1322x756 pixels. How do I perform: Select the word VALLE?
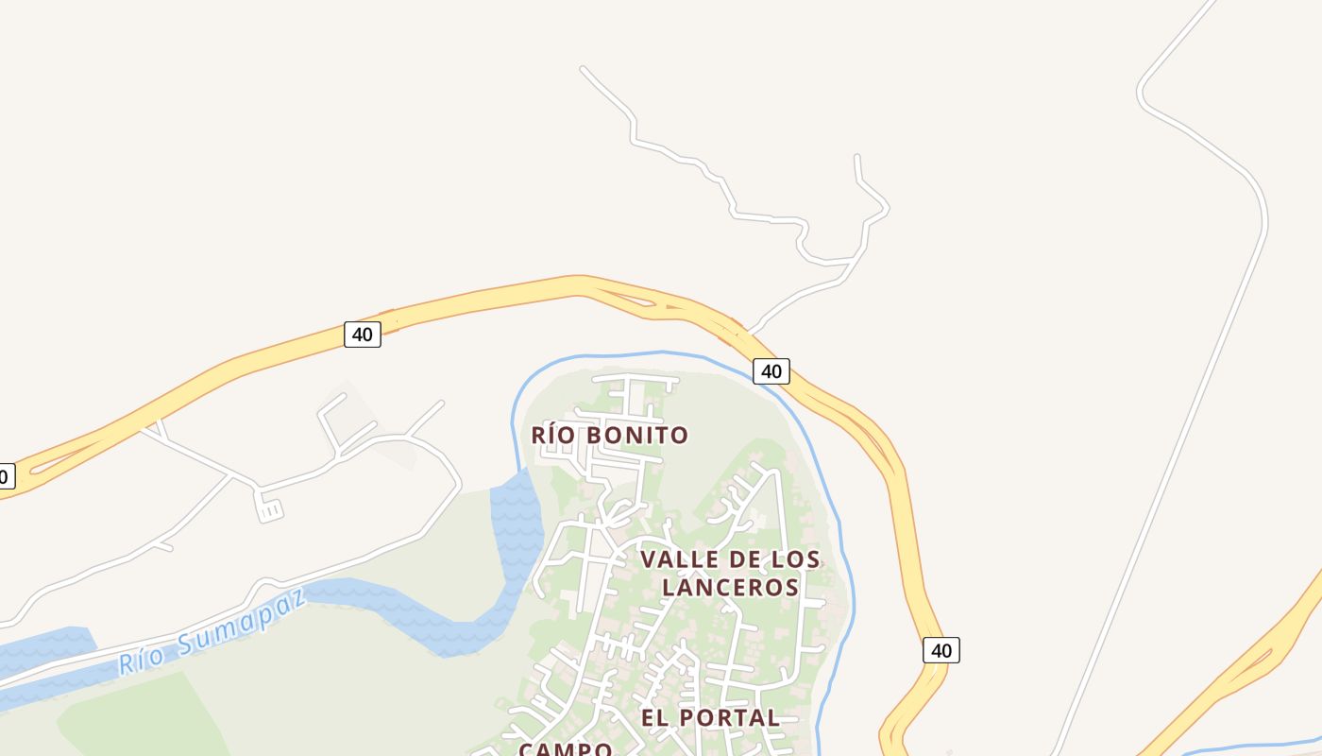click(671, 559)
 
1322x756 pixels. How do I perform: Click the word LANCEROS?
click(730, 587)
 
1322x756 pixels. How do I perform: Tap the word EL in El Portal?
click(656, 718)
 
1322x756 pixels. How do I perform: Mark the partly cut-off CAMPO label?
click(565, 748)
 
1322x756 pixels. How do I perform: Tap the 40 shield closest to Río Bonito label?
click(771, 371)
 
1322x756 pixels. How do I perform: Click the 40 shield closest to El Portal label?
click(941, 650)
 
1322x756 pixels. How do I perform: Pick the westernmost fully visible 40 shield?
click(363, 334)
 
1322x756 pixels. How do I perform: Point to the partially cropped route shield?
click(6, 476)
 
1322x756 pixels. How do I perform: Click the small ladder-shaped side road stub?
click(269, 508)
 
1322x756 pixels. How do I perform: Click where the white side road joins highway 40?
click(748, 333)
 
